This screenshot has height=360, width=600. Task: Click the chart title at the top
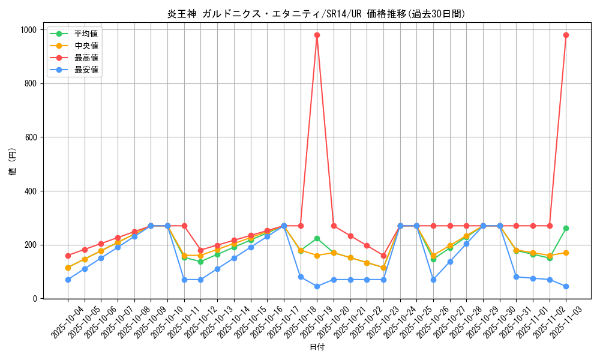point(316,14)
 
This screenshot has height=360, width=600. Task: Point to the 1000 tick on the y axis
point(26,30)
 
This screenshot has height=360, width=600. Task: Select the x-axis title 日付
point(316,347)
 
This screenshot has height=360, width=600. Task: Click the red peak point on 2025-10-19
point(317,35)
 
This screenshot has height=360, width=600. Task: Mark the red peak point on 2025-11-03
point(566,35)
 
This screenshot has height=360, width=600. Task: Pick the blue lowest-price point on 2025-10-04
point(68,280)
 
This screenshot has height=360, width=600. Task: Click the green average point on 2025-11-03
point(566,228)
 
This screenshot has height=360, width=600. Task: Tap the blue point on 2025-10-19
point(317,286)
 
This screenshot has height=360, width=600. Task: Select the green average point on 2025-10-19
point(317,238)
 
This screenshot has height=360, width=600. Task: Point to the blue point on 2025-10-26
point(433,280)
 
